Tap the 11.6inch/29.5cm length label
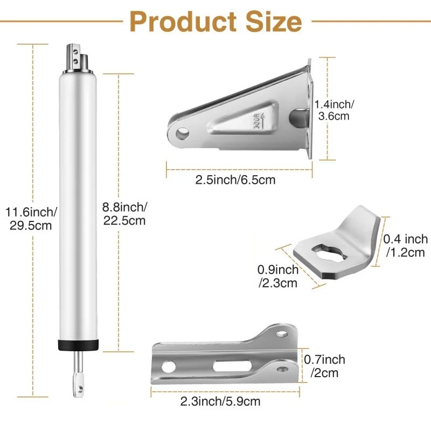[x=31, y=218]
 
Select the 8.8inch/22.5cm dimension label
[x=123, y=213]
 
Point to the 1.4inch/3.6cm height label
[x=335, y=110]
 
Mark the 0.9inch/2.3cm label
[x=278, y=276]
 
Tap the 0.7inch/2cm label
[x=324, y=366]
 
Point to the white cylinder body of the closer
[x=79, y=205]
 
